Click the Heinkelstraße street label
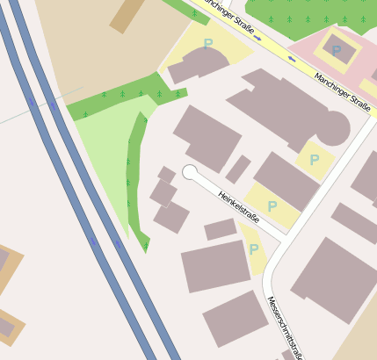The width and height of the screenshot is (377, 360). click(239, 207)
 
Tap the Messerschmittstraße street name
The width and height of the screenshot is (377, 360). click(286, 328)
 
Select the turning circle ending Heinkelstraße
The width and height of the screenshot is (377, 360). click(189, 172)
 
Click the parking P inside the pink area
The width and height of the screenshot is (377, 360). click(336, 51)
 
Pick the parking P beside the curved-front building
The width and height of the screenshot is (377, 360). click(207, 43)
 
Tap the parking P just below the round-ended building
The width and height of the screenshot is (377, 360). click(314, 160)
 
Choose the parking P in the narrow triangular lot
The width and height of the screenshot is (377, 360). click(253, 249)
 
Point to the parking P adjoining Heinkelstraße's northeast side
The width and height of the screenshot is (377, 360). click(272, 206)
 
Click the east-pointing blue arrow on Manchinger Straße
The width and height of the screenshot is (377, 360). click(257, 39)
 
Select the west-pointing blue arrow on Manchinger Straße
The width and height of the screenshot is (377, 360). click(292, 59)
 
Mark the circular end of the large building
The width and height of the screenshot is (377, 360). click(332, 129)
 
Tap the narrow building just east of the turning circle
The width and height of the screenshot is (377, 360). click(237, 169)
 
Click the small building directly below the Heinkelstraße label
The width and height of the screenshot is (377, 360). click(221, 230)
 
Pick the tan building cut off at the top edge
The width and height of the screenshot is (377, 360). click(128, 13)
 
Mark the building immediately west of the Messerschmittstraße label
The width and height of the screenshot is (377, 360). click(235, 319)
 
